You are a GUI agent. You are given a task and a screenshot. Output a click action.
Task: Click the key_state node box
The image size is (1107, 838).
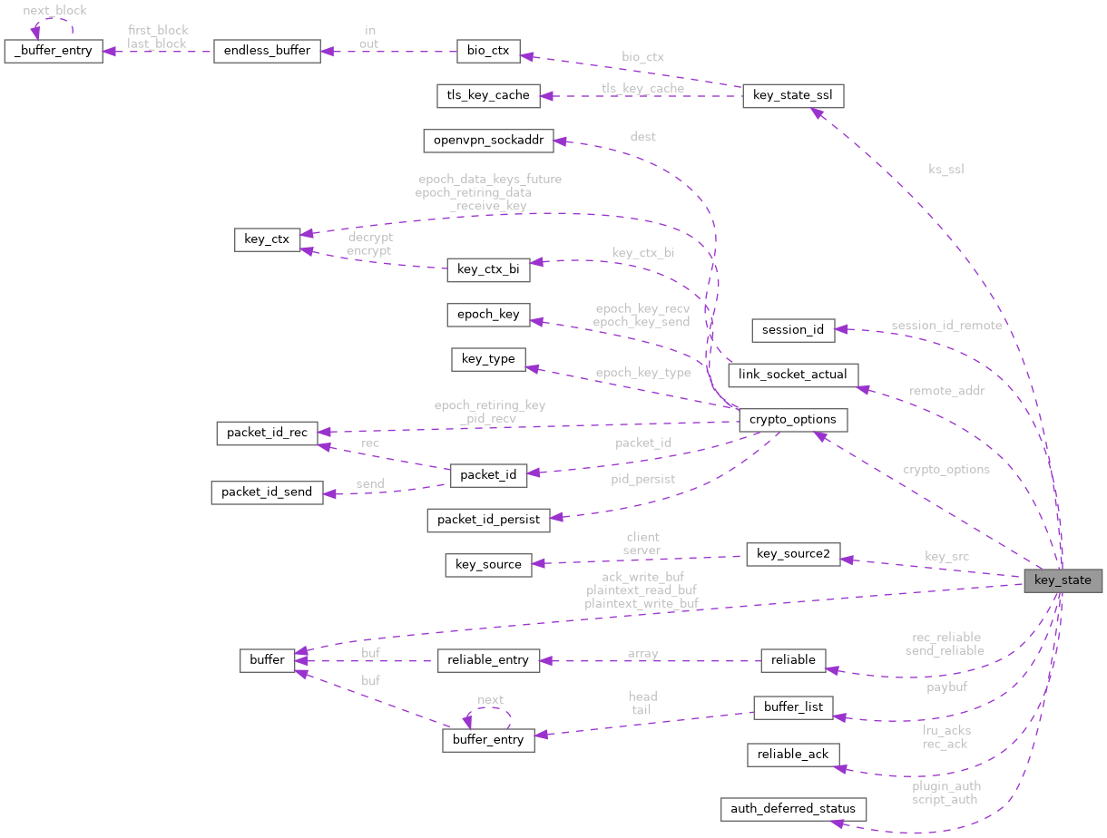click(1063, 580)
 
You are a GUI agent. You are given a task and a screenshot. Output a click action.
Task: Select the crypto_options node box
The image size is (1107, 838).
click(793, 420)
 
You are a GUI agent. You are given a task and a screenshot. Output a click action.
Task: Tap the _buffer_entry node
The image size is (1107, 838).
click(54, 51)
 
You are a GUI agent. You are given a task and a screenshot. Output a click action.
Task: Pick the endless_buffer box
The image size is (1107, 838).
click(267, 51)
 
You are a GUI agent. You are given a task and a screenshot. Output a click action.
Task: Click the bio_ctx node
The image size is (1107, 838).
click(488, 51)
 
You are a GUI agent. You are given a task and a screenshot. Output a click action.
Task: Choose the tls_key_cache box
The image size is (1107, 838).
click(488, 94)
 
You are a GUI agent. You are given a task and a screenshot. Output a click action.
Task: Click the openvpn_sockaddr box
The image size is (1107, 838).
click(488, 141)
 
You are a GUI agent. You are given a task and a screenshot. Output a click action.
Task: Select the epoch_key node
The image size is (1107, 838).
click(488, 315)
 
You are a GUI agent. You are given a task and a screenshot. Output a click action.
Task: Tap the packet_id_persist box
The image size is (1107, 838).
click(488, 520)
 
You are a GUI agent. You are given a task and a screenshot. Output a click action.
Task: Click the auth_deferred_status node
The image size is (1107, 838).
click(793, 809)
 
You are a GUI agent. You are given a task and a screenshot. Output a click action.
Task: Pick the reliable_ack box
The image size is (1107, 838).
click(793, 755)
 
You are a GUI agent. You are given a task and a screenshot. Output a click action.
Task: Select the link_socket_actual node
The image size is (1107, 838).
click(793, 375)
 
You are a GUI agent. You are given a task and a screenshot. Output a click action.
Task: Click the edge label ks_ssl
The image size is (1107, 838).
click(946, 170)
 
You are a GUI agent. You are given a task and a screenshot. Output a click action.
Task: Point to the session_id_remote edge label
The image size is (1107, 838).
click(946, 326)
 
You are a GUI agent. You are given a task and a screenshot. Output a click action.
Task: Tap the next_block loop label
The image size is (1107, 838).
click(55, 10)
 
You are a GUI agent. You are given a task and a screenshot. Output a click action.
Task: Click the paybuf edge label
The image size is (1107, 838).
click(946, 687)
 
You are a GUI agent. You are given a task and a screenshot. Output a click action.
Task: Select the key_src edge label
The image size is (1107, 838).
click(946, 556)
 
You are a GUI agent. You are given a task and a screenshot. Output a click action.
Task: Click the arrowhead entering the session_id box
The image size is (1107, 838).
click(841, 329)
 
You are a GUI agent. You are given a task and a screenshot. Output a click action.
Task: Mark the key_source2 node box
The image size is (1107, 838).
click(793, 554)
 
